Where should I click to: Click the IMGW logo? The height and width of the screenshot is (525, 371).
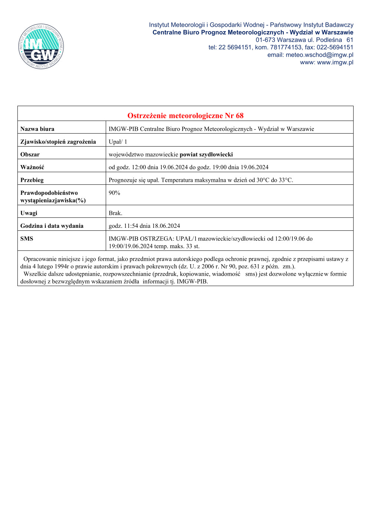point(41,46)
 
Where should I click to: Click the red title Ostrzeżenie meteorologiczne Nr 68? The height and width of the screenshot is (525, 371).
point(185,116)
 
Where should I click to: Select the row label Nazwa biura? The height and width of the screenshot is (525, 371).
point(37,129)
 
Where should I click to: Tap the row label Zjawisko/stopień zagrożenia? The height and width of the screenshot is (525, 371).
point(58,142)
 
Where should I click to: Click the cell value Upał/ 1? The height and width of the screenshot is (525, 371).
point(118,142)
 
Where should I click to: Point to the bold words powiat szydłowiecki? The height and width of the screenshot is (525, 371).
point(206,154)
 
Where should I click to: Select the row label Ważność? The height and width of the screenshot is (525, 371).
point(32,167)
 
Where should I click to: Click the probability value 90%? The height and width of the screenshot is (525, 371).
point(114,193)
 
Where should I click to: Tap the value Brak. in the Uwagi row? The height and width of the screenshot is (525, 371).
point(115,213)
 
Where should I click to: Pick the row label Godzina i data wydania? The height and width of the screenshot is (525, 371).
point(52,226)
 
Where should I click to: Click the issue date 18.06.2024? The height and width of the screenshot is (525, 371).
point(166,226)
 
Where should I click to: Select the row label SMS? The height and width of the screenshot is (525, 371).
point(27,239)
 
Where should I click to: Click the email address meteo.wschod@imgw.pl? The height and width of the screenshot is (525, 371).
point(319,55)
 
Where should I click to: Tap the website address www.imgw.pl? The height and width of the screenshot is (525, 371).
point(335,62)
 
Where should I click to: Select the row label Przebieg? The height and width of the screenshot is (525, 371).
point(32,180)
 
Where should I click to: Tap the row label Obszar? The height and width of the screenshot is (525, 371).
point(30,154)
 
